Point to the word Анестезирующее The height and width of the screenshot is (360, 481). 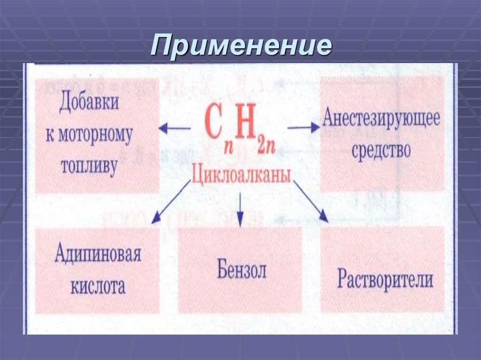coord(381,118)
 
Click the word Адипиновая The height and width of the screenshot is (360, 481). coord(98,255)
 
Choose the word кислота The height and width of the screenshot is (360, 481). coord(98,286)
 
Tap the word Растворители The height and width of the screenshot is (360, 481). coord(385,280)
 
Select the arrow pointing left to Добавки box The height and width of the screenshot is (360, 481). coord(174,128)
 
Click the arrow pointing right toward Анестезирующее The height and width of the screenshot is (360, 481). coord(303,127)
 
